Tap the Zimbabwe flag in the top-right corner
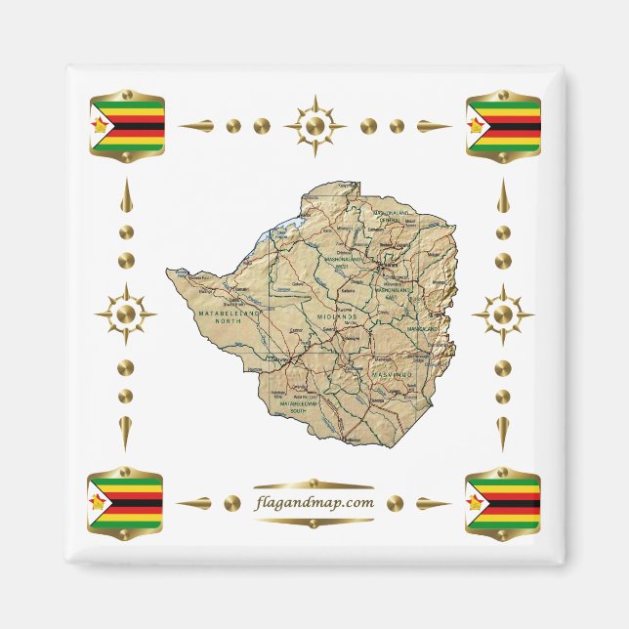(x=503, y=126)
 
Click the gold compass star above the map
(x=314, y=126)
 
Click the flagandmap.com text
(x=313, y=502)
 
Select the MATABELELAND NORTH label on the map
(x=231, y=316)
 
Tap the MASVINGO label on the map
(x=393, y=374)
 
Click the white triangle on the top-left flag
(x=100, y=126)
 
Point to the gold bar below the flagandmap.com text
(x=313, y=522)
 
